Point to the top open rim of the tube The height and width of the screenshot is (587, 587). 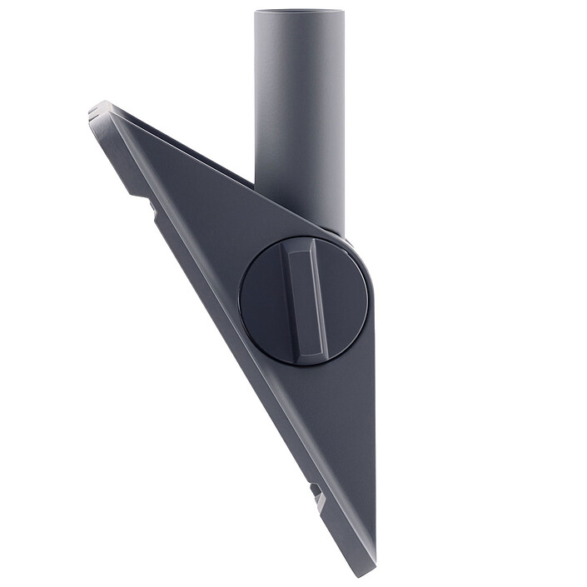(297, 12)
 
